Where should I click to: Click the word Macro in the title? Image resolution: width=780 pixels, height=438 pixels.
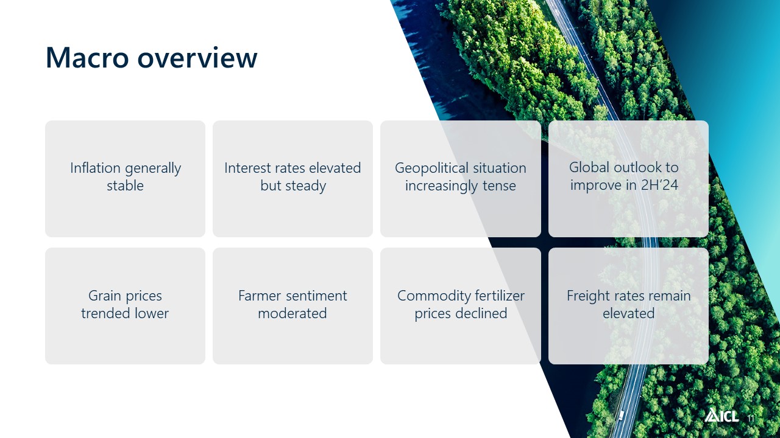click(x=87, y=58)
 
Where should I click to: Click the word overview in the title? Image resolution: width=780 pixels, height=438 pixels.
click(x=197, y=58)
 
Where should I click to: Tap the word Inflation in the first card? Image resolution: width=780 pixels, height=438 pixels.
click(x=96, y=168)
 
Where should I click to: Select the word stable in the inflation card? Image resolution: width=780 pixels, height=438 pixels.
click(x=125, y=186)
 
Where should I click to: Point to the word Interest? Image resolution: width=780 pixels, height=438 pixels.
click(x=247, y=168)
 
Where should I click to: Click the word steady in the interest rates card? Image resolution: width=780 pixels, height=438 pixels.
click(x=306, y=186)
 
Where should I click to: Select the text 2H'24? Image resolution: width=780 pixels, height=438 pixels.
click(x=659, y=185)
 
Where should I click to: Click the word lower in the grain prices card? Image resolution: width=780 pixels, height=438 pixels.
click(x=152, y=313)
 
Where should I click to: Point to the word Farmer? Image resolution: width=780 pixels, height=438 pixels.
click(x=260, y=296)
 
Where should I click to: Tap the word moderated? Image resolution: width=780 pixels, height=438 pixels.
click(x=292, y=313)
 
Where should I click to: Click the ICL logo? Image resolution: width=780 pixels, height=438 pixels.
click(x=721, y=415)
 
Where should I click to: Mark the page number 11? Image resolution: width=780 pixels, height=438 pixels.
click(x=751, y=418)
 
